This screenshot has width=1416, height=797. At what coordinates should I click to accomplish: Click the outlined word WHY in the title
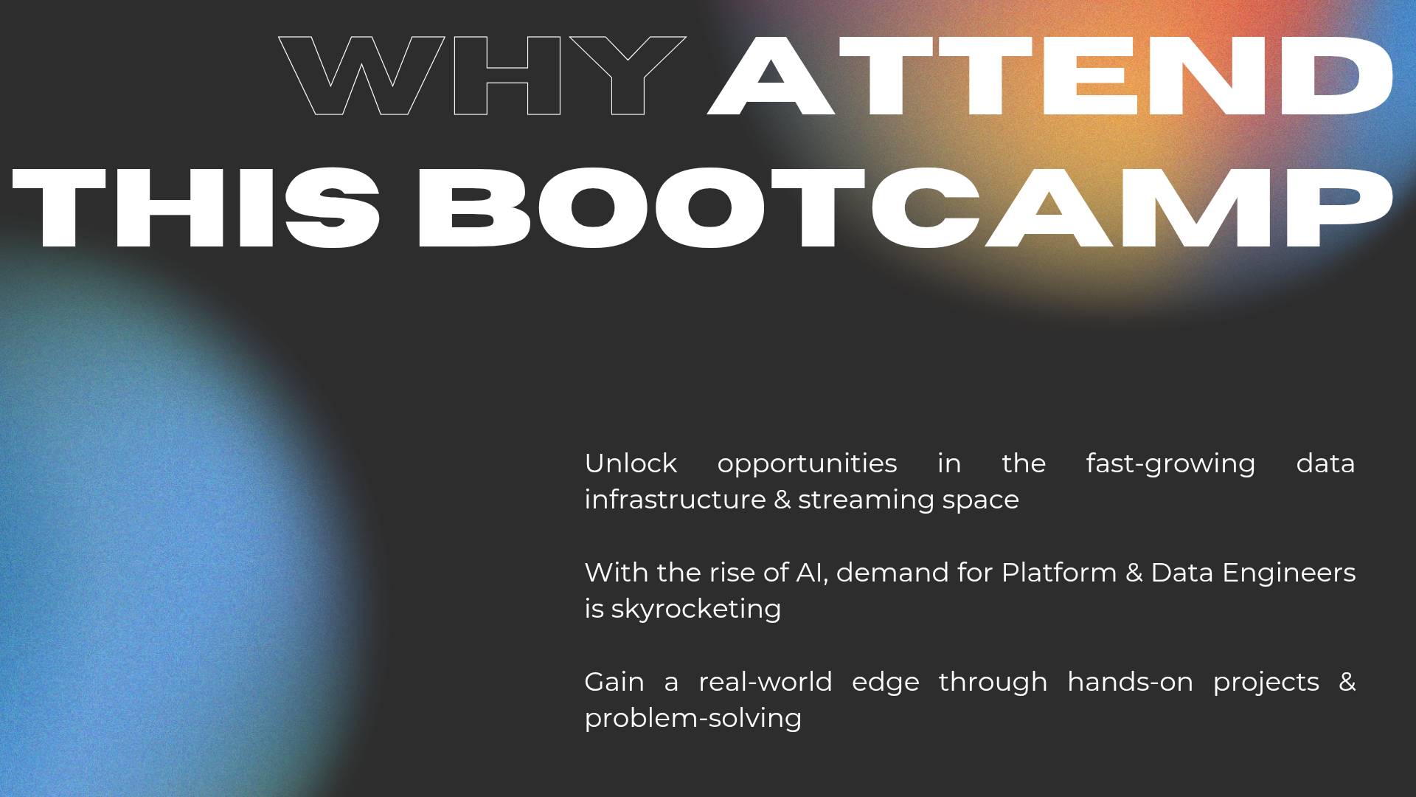coord(482,75)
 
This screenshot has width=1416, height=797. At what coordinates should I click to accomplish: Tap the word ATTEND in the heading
coord(1050,75)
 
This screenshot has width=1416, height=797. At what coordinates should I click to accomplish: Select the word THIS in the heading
coord(196,207)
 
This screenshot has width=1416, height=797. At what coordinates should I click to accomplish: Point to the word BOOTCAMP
coord(905,207)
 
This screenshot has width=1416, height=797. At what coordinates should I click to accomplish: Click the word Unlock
coord(631,463)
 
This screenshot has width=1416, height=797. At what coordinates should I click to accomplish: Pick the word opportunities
coord(807,463)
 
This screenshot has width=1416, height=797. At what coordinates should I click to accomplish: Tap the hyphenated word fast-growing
coord(1170,463)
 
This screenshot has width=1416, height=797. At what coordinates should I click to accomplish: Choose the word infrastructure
coord(675,500)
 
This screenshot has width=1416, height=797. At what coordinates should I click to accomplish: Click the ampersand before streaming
coord(782,500)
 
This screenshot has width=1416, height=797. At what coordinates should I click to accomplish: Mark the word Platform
coord(1058,573)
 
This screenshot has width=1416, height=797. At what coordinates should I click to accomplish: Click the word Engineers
coord(1288,573)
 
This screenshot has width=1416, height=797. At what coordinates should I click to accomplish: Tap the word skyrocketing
coord(695,610)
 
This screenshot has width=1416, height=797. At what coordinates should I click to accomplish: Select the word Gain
coord(614,682)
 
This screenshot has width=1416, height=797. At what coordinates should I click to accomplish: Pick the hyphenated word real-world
coord(765,682)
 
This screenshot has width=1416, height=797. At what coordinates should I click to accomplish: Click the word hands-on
coord(1130,682)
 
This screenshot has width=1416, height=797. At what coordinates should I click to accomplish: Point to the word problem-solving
coord(693,718)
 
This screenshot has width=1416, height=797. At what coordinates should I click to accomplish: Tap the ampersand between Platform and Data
coord(1134,573)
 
